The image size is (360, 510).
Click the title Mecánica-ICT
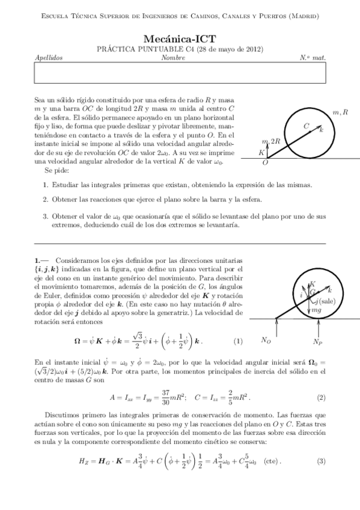click(x=180, y=37)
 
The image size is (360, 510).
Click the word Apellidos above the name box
click(x=49, y=58)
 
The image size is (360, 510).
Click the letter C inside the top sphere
click(x=306, y=126)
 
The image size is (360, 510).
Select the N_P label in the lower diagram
click(x=319, y=340)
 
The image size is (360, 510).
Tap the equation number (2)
click(x=322, y=398)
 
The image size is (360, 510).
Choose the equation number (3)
click(x=322, y=461)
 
